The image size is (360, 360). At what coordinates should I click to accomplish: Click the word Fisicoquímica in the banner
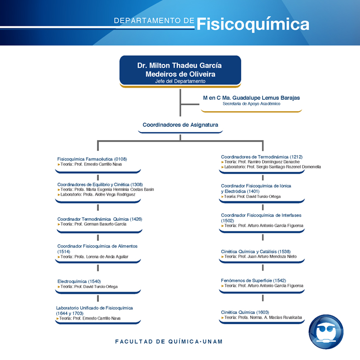253,24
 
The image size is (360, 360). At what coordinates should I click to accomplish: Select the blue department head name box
180,70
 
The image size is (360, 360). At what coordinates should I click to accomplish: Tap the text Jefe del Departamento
180,81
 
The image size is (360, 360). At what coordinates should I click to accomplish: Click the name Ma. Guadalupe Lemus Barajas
261,98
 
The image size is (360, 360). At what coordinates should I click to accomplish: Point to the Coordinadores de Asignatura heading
180,125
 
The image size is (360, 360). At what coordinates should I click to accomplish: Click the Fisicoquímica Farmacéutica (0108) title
92,159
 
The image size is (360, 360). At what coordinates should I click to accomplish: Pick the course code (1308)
136,185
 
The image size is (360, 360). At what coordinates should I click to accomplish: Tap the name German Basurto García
105,224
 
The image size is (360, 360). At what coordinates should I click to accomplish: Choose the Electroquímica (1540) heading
79,282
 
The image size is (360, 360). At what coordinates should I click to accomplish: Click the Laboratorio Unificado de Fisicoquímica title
95,308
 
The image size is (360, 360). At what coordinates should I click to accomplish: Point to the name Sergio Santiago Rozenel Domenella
289,167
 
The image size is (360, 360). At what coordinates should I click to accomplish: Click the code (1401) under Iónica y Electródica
253,191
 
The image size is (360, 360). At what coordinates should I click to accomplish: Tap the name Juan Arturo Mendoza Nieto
272,257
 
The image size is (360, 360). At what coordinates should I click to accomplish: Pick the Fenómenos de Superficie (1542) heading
253,281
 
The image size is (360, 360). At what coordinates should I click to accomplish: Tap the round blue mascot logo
326,332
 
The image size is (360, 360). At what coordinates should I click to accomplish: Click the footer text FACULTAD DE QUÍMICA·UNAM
169,341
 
